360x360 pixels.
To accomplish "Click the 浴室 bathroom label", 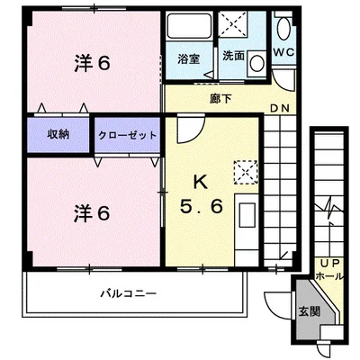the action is point(188,58).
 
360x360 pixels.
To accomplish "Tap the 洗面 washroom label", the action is point(233,56).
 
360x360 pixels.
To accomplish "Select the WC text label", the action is point(283,52).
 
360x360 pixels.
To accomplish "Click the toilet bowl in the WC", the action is point(283,29).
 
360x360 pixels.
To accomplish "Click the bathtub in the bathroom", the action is point(190,26).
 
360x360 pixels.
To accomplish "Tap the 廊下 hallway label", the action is point(220,99).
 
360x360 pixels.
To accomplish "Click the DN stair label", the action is point(280,108).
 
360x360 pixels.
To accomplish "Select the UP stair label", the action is point(330,264).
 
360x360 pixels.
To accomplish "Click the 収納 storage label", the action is point(58,134).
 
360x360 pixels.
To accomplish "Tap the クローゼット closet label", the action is point(128,136).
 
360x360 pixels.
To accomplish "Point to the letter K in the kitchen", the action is point(201,182).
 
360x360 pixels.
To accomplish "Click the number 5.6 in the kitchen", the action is point(202,206).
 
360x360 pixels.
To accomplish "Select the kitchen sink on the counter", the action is point(247,215).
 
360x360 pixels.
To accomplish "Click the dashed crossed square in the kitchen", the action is point(246,172).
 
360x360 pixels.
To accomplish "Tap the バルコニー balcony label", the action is point(129,293).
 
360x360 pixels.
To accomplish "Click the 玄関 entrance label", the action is point(309,312).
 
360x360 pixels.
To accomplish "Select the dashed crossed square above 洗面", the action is point(233,23).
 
